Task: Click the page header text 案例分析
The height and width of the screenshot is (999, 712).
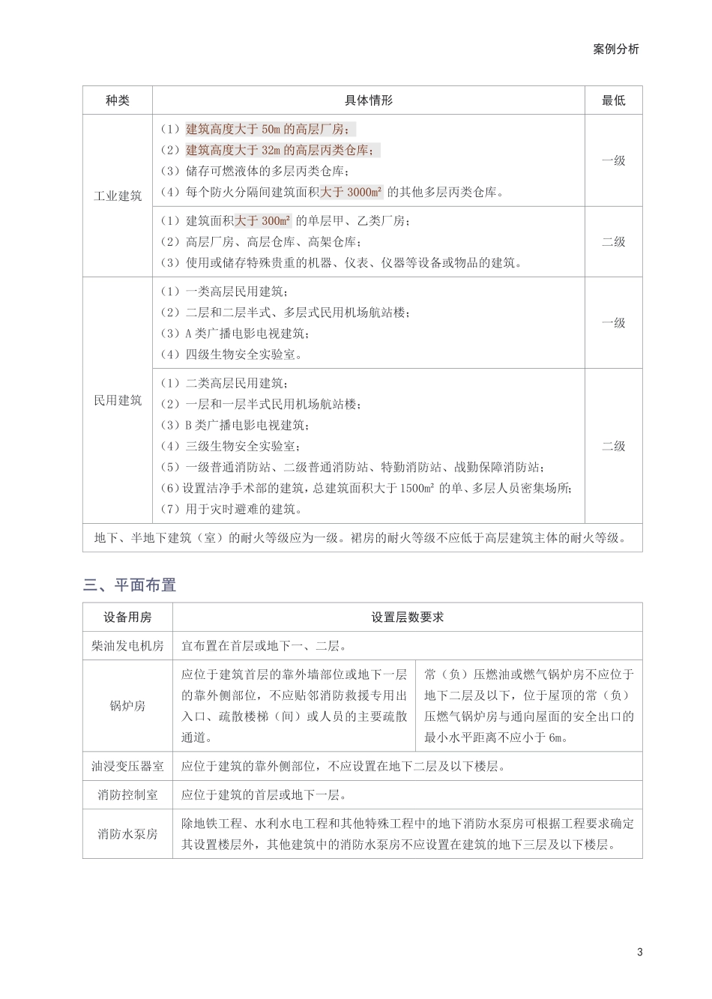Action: (616, 49)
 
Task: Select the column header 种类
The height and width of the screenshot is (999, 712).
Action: (118, 100)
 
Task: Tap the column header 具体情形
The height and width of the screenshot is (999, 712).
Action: (368, 100)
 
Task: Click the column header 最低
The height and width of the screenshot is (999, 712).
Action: (613, 100)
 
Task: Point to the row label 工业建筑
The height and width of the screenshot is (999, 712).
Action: (118, 196)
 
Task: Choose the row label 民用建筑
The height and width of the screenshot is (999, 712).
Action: (118, 400)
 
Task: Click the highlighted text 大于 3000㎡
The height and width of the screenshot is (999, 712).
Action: (352, 193)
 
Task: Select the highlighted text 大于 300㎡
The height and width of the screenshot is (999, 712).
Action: (262, 221)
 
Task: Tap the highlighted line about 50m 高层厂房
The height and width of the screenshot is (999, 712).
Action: (271, 129)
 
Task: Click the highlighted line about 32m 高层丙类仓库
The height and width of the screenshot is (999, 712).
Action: (282, 150)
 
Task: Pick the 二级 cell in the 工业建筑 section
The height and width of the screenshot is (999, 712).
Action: (613, 242)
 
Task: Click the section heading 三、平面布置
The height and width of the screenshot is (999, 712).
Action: (129, 585)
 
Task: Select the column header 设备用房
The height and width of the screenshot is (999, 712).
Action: (127, 618)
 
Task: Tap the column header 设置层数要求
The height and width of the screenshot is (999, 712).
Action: (407, 618)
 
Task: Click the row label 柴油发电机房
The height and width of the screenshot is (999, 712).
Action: (127, 646)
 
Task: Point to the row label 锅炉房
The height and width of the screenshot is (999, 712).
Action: (127, 706)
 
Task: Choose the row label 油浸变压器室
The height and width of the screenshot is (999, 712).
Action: (127, 767)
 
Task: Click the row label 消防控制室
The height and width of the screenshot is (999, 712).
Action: (127, 795)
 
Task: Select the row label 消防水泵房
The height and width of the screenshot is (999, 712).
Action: (127, 834)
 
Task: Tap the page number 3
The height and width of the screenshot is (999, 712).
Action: (639, 953)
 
